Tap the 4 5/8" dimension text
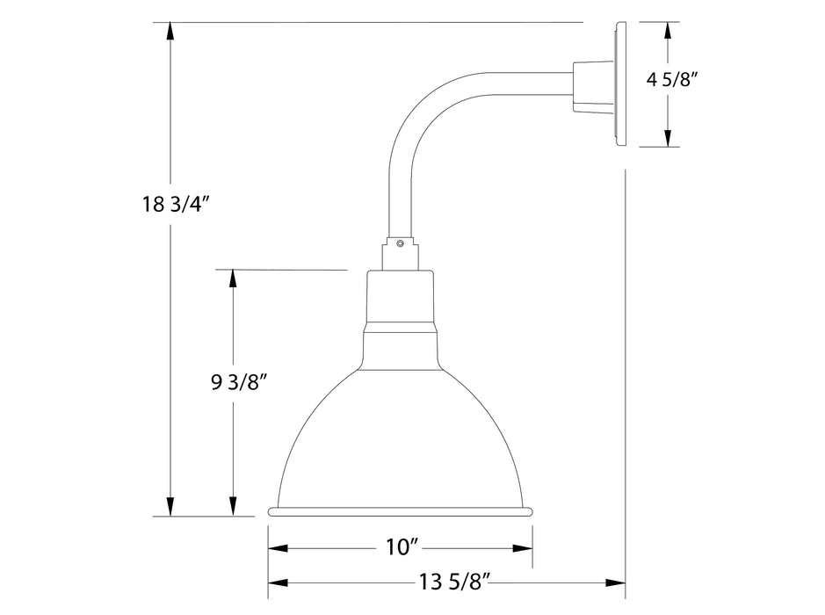point(672,80)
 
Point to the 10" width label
point(400,548)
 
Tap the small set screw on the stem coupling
point(400,243)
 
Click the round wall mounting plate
point(620,83)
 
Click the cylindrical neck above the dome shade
point(401,299)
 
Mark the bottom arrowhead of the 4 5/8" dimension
point(669,138)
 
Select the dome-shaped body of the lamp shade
point(401,430)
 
